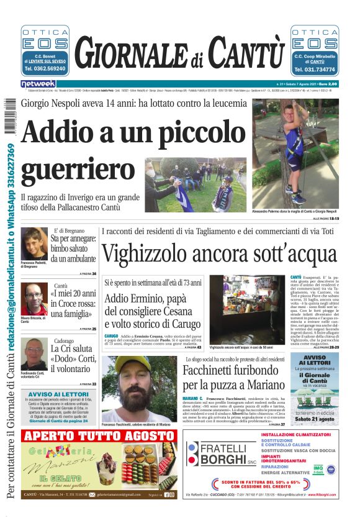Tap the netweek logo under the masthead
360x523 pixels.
[x=38, y=84]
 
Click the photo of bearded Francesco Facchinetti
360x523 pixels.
[x=140, y=388]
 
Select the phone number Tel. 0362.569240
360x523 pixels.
[x=45, y=69]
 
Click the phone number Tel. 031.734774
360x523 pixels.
[x=314, y=70]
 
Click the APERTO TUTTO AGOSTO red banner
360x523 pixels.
[x=92, y=435]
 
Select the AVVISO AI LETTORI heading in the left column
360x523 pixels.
[x=58, y=394]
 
